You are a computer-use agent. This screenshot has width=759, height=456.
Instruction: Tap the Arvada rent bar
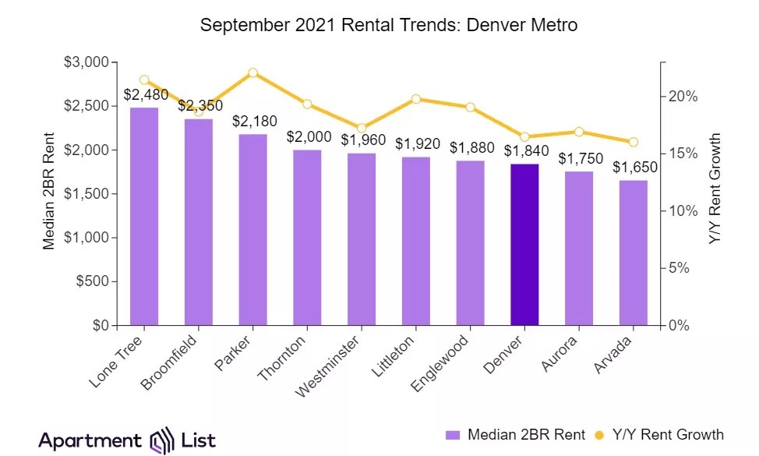[634, 253]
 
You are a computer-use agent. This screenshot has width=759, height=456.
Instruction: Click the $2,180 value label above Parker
[252, 122]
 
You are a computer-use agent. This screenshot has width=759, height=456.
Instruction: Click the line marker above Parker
[252, 72]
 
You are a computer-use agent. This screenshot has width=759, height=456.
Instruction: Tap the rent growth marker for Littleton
[416, 99]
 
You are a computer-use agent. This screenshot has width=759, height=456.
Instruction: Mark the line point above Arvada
[634, 142]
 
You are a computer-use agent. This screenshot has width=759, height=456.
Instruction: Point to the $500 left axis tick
[92, 281]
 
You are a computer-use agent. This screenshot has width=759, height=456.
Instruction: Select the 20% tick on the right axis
[682, 97]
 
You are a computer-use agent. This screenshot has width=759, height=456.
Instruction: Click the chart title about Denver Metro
[389, 25]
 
